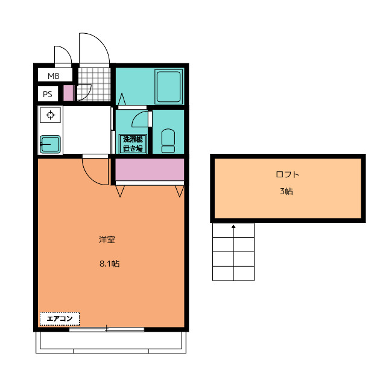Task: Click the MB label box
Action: point(54,76)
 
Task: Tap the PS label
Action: point(48,94)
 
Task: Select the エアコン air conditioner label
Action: point(60,318)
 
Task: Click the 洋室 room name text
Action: point(107,239)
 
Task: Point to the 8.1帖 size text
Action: point(109,264)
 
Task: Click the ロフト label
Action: point(288,175)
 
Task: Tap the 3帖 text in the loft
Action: point(287,192)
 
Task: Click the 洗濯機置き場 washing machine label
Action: point(133,144)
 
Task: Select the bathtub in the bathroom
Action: point(168,87)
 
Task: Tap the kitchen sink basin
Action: point(49,144)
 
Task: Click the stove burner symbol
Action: point(50,115)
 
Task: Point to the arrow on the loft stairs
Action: point(233,229)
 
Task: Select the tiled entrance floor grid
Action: point(95,84)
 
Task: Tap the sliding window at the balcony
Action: point(107,329)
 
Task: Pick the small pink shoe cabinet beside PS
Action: point(68,93)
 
